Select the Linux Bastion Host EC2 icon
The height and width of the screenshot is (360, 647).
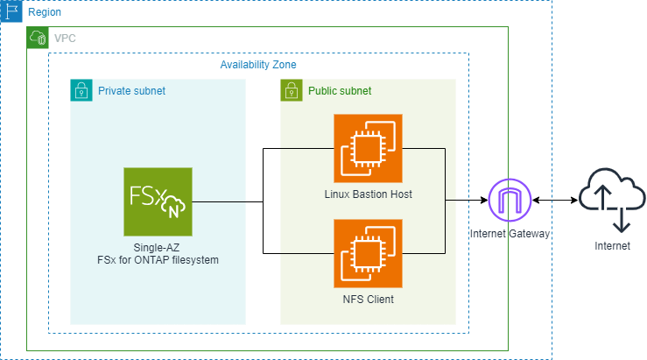pyautogui.click(x=368, y=148)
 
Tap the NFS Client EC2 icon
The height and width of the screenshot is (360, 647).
pyautogui.click(x=368, y=253)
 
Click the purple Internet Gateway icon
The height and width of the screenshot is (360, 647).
pyautogui.click(x=510, y=201)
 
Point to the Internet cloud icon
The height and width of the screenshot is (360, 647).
pyautogui.click(x=611, y=201)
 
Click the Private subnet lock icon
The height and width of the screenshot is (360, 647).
pyautogui.click(x=81, y=90)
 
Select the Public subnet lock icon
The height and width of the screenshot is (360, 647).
pyautogui.click(x=292, y=90)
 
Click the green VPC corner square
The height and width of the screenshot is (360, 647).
pyautogui.click(x=38, y=38)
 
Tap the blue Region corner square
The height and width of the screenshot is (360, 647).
pyautogui.click(x=11, y=11)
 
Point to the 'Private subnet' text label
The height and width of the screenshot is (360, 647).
pyautogui.click(x=131, y=91)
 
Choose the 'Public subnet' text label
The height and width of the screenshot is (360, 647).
pyautogui.click(x=340, y=91)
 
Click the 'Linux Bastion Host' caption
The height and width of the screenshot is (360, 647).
pyautogui.click(x=368, y=194)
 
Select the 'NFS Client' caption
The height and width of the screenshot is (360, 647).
pyautogui.click(x=368, y=300)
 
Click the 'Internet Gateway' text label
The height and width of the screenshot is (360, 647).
pyautogui.click(x=510, y=235)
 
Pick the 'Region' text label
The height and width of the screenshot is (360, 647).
pyautogui.click(x=45, y=13)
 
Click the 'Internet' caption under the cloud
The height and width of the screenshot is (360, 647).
pyautogui.click(x=611, y=246)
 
